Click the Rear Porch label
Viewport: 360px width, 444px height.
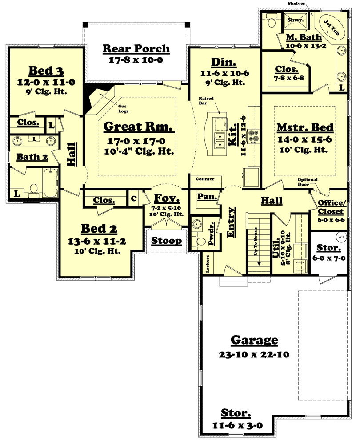tap(136, 48)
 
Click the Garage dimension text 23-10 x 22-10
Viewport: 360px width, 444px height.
tap(254, 355)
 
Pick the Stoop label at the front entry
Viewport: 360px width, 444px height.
tap(166, 241)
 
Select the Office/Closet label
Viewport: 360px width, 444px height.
tap(332, 206)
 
